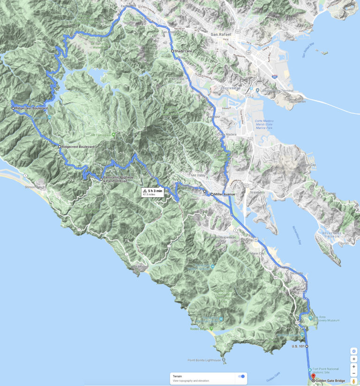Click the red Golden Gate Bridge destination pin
coord(313,375)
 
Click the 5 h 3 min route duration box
coord(153,192)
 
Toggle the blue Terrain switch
coord(242,376)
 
